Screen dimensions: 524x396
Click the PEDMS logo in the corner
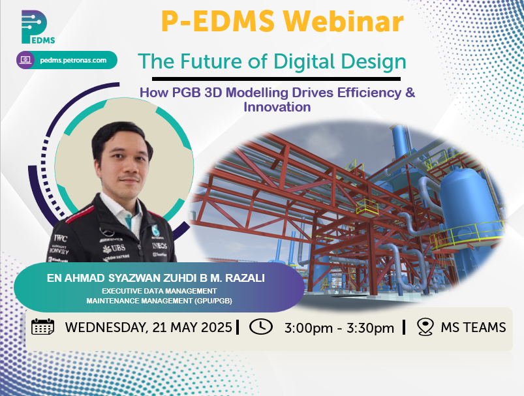pyautogui.click(x=37, y=27)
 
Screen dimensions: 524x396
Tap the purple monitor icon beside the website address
pyautogui.click(x=25, y=60)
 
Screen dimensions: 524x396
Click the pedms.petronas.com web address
pyautogui.click(x=73, y=61)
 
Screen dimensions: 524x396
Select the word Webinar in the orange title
pyautogui.click(x=343, y=22)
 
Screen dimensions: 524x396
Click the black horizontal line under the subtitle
pyautogui.click(x=276, y=79)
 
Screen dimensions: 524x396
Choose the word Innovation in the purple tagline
pyautogui.click(x=277, y=107)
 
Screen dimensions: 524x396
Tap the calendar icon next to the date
pyautogui.click(x=43, y=326)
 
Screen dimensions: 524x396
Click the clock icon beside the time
pyautogui.click(x=260, y=326)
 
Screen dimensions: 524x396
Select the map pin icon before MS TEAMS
pyautogui.click(x=425, y=326)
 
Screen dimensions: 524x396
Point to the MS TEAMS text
pyautogui.click(x=473, y=327)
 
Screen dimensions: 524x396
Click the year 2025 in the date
pyautogui.click(x=215, y=327)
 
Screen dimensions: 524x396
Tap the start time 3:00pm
pyautogui.click(x=309, y=328)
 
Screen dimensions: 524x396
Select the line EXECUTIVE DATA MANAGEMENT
pyautogui.click(x=159, y=291)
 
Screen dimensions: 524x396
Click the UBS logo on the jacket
pyautogui.click(x=114, y=249)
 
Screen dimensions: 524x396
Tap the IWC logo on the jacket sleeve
pyautogui.click(x=61, y=238)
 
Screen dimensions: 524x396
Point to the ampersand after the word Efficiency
pyautogui.click(x=410, y=93)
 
